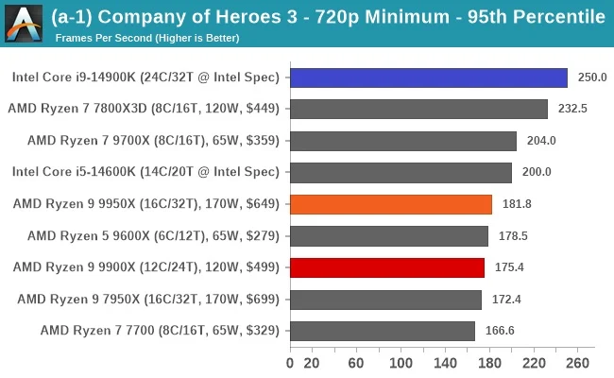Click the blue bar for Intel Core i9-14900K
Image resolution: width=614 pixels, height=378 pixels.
click(428, 77)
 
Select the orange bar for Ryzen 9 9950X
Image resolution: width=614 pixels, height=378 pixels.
click(390, 204)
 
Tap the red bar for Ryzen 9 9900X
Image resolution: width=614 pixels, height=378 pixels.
click(387, 267)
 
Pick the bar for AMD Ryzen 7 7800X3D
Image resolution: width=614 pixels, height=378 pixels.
click(418, 109)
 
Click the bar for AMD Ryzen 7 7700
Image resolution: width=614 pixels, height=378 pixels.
click(382, 331)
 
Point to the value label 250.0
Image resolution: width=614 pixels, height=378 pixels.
click(591, 77)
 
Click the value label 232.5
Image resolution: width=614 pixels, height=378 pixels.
click(572, 109)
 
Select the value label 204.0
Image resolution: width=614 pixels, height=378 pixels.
click(541, 141)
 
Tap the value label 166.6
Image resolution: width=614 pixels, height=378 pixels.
click(500, 331)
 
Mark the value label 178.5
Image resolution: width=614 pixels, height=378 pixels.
click(513, 235)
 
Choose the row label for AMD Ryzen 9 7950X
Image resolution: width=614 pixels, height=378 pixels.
click(148, 299)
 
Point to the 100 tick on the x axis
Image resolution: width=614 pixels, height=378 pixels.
click(401, 363)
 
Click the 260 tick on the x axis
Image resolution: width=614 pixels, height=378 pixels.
click(577, 363)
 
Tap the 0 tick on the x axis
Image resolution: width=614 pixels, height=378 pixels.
click(290, 363)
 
